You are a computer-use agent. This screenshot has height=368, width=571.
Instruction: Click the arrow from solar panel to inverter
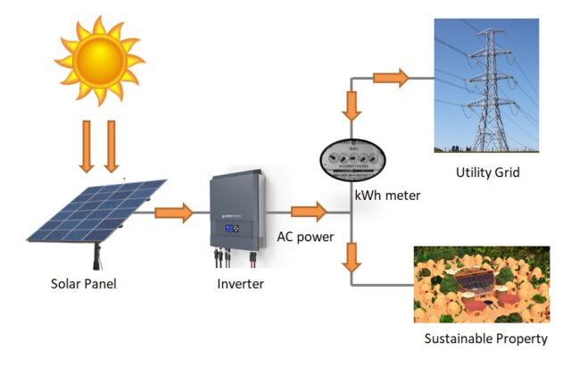point(174,213)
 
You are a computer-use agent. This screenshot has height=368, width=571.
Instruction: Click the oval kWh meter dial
point(354,161)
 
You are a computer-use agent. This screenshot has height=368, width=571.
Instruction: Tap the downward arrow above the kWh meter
point(353,105)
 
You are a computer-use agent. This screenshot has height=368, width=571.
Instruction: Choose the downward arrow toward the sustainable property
point(353,256)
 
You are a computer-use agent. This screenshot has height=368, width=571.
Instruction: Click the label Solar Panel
point(83,285)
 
